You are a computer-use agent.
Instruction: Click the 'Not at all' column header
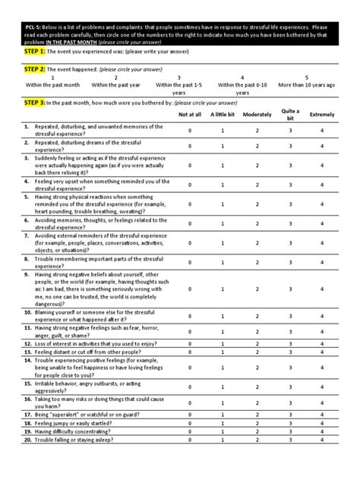190,114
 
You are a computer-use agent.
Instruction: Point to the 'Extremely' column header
323,114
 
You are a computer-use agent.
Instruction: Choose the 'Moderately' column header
257,114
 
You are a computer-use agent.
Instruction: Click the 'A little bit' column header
223,114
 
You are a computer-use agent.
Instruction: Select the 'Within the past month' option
52,81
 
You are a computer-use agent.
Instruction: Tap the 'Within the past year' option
115,81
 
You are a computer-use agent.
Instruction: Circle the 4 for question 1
323,131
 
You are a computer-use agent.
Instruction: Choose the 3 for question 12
289,344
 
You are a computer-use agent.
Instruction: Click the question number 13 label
28,352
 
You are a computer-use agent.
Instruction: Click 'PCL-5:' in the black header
35,26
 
